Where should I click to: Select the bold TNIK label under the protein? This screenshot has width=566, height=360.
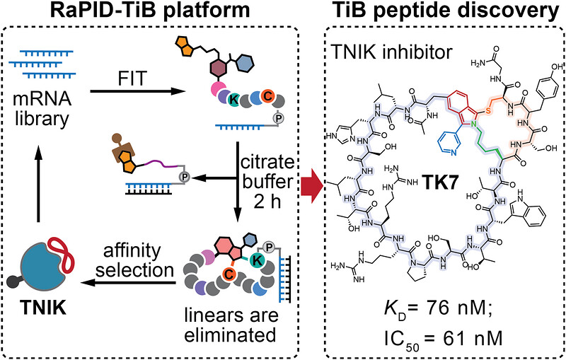[43, 308]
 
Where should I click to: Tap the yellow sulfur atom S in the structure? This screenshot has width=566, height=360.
[487, 112]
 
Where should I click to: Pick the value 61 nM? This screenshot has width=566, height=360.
[477, 339]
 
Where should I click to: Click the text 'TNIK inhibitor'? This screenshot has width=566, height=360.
[391, 52]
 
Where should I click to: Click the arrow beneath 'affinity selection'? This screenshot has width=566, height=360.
[128, 283]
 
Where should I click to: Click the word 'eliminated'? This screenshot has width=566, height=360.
[230, 335]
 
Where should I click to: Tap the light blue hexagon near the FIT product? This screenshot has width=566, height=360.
[246, 63]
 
